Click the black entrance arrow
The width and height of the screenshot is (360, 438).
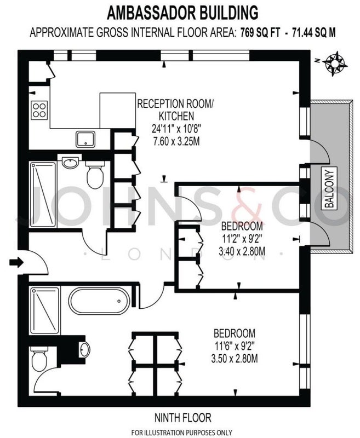16,262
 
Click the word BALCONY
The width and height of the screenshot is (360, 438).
329,187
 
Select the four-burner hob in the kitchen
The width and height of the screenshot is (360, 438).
39,110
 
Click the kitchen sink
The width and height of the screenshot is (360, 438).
85,140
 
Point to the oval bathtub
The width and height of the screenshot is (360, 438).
100,301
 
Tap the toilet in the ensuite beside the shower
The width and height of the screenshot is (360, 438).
39,359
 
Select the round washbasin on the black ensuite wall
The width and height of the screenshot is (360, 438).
85,349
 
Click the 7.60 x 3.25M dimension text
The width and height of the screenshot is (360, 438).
176,141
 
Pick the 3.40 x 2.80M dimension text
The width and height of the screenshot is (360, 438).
242,251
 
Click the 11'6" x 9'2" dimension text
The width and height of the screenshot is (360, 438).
235,346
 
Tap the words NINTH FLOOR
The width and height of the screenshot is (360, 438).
183,418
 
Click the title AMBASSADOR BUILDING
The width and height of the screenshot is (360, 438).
183,13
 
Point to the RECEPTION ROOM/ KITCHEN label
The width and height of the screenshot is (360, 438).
175,109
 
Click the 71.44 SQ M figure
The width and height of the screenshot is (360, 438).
313,33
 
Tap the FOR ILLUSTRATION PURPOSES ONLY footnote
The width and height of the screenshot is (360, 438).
182,433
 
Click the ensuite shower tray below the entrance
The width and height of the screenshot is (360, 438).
45,310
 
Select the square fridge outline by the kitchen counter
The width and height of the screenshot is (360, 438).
118,111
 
